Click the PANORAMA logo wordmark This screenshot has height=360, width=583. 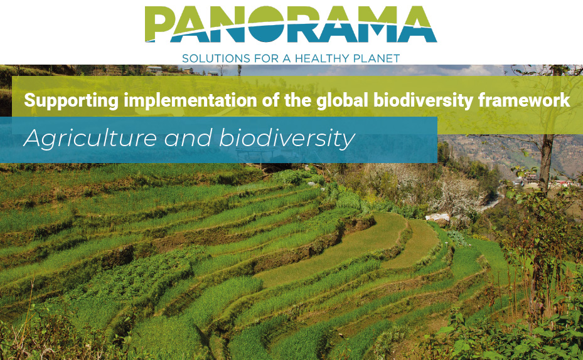[291, 24]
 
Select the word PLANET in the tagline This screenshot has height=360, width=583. [377, 58]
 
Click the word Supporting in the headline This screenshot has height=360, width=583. [71, 101]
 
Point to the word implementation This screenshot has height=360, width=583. [190, 101]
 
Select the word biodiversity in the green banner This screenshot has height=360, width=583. [423, 101]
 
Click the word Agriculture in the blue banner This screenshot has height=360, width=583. [90, 139]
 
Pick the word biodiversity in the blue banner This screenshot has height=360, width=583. [287, 139]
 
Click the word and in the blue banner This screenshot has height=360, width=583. [188, 138]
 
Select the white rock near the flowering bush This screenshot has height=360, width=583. [437, 218]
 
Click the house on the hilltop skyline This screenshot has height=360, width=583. [154, 70]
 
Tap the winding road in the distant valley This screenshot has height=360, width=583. [491, 203]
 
